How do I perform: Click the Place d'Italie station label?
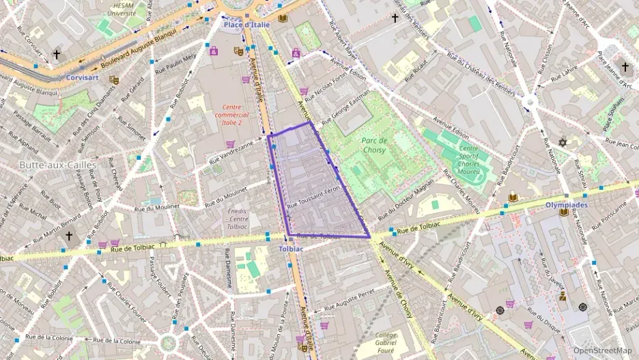(247, 25)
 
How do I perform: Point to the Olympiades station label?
(567, 204)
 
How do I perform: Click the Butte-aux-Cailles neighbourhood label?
(57, 165)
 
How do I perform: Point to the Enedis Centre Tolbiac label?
(238, 219)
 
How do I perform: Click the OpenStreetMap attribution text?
(601, 350)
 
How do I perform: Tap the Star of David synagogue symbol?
(563, 142)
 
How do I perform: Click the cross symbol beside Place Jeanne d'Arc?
(625, 66)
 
